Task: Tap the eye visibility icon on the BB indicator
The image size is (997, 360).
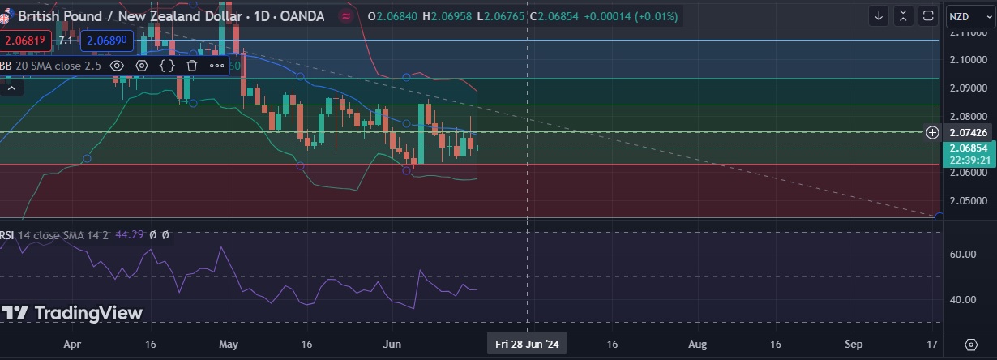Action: pyautogui.click(x=117, y=66)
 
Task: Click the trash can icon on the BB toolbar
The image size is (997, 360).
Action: pyautogui.click(x=192, y=66)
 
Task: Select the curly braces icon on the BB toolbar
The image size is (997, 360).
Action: pyautogui.click(x=167, y=66)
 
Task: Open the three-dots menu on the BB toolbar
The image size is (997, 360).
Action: pyautogui.click(x=216, y=66)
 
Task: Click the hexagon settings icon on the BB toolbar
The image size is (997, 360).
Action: pyautogui.click(x=142, y=66)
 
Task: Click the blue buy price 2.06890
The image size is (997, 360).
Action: pyautogui.click(x=105, y=40)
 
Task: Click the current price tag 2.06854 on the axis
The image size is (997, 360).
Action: pyautogui.click(x=969, y=148)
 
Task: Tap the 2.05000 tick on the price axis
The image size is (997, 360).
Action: pyautogui.click(x=967, y=200)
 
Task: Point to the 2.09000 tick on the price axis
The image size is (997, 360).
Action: pyautogui.click(x=967, y=88)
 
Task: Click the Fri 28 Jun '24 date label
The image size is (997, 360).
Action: pyautogui.click(x=527, y=344)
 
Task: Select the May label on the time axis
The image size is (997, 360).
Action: pyautogui.click(x=229, y=344)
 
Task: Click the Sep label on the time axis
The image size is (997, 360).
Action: pyautogui.click(x=854, y=344)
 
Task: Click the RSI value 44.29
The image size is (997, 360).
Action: pyautogui.click(x=129, y=234)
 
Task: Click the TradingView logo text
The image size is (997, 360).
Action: pyautogui.click(x=72, y=313)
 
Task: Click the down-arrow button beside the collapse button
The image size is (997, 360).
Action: pyautogui.click(x=879, y=16)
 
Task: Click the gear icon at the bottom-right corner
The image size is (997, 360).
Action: pyautogui.click(x=971, y=345)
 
